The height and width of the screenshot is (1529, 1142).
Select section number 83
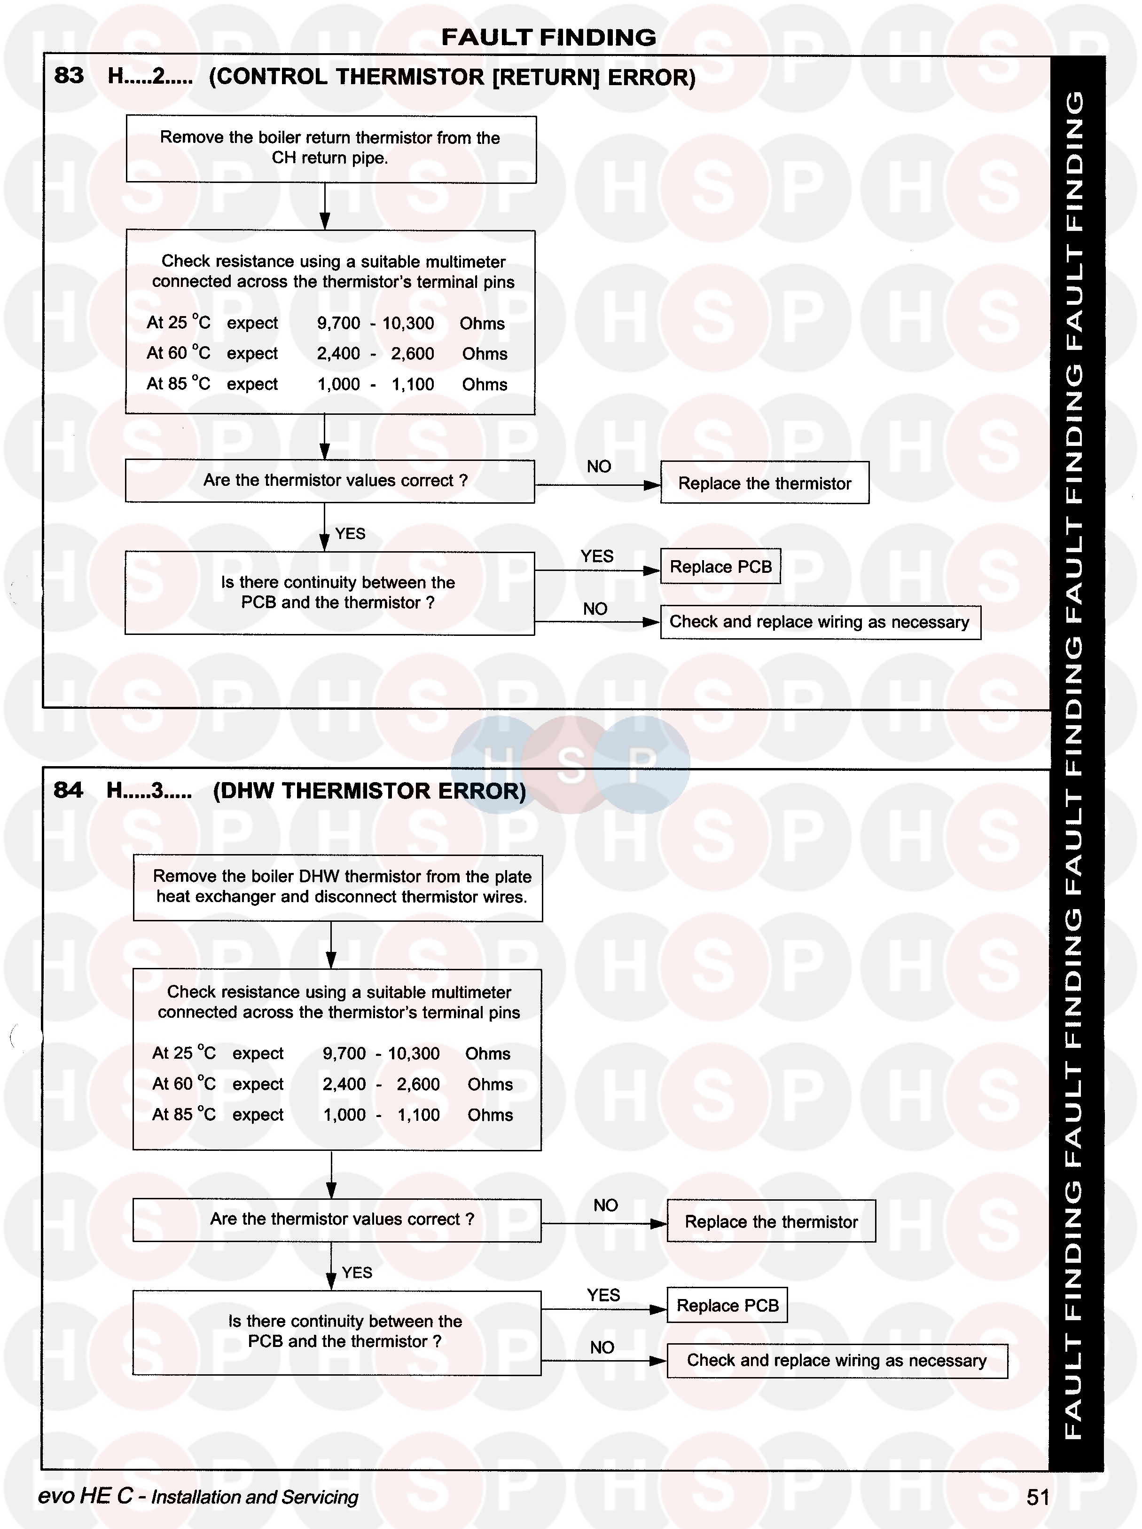click(x=69, y=75)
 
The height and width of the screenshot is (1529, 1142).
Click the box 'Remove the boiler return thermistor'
click(x=330, y=149)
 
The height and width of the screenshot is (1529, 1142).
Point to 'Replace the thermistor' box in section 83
click(x=764, y=483)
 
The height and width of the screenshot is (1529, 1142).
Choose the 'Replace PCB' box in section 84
click(x=727, y=1305)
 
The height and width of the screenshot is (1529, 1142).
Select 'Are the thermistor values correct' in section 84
click(x=336, y=1220)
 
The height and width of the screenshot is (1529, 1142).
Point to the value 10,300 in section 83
click(x=408, y=324)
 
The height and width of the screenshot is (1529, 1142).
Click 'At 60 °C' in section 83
click(x=178, y=353)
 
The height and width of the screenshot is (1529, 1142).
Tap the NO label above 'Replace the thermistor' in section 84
click(x=605, y=1205)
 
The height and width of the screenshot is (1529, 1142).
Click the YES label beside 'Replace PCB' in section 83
click(x=597, y=556)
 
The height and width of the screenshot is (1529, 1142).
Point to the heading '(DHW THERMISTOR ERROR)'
click(x=369, y=791)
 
